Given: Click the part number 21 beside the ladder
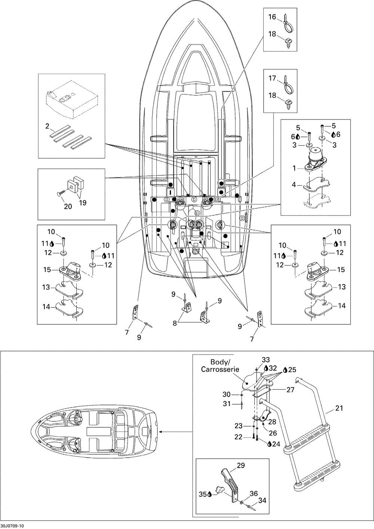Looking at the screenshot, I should click(339, 408).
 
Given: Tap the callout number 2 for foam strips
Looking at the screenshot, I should click(47, 126).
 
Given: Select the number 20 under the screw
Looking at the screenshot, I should click(68, 206).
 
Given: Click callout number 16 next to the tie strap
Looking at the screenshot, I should click(272, 17).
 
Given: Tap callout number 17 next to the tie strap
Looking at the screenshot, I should click(272, 78).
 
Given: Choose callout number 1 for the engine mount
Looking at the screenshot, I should click(295, 168).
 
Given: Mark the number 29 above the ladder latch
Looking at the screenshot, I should click(241, 465).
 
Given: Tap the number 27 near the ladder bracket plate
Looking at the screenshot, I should click(290, 390).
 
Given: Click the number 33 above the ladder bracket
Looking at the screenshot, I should click(266, 360).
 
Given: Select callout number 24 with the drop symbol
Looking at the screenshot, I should click(275, 444).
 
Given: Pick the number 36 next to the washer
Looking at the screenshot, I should click(254, 494).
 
